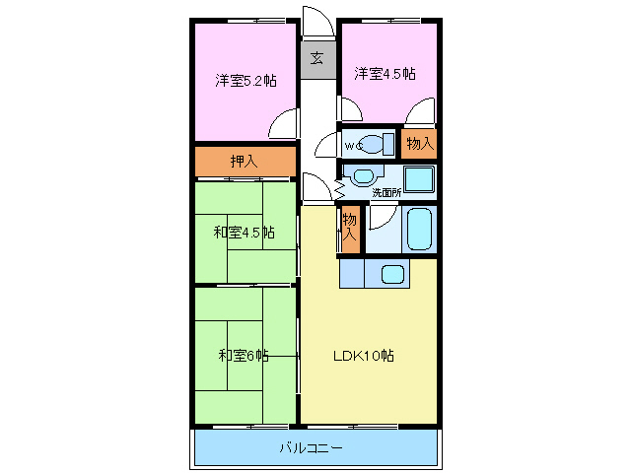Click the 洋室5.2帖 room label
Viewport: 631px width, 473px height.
click(245, 80)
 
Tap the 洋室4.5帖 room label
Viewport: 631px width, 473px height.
click(385, 73)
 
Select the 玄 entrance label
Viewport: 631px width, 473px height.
click(316, 57)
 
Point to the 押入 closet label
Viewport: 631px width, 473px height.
click(245, 162)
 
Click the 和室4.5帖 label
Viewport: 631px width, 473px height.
click(244, 233)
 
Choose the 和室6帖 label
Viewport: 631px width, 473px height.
click(243, 355)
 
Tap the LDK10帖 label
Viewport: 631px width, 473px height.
click(364, 355)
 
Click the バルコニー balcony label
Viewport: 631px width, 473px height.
click(311, 447)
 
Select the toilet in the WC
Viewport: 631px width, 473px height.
click(375, 144)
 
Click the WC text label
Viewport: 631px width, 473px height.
click(352, 146)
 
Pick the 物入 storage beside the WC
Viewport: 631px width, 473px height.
click(420, 144)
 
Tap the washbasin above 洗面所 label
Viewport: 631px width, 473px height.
click(362, 177)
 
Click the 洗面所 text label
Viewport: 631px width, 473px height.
click(386, 193)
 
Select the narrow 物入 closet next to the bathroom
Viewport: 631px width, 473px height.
click(350, 229)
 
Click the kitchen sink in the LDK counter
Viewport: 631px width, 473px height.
click(394, 275)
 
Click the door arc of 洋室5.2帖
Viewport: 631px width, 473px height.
click(284, 124)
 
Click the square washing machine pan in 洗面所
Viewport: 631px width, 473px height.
click(419, 179)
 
